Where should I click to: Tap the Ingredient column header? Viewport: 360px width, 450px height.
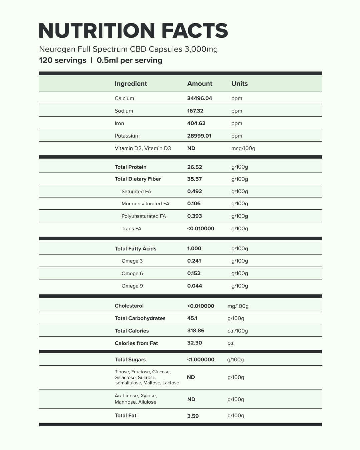[131, 84]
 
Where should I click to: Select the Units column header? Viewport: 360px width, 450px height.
[239, 84]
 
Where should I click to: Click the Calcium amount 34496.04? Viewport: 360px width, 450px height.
[199, 98]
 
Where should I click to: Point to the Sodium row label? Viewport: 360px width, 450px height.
[124, 111]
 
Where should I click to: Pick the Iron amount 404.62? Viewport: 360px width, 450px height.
[196, 123]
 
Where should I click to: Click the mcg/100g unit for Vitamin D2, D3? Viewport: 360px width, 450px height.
[243, 148]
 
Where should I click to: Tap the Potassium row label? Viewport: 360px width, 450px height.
[127, 136]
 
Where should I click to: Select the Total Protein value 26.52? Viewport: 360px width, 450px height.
[194, 167]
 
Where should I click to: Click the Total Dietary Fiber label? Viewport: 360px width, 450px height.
[138, 179]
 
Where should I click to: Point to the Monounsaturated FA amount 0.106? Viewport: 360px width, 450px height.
[194, 204]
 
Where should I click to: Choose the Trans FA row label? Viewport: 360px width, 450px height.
[131, 229]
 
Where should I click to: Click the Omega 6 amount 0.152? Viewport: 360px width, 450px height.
[194, 273]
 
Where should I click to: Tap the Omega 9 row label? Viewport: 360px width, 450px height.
[132, 286]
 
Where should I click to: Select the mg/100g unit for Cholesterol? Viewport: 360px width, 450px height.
[238, 306]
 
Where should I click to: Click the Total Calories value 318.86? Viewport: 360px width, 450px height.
[196, 331]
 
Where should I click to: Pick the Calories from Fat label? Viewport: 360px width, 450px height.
[136, 343]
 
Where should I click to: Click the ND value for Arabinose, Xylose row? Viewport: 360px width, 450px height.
[191, 399]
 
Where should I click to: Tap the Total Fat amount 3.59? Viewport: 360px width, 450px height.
[193, 416]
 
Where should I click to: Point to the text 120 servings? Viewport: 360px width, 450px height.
[63, 60]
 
